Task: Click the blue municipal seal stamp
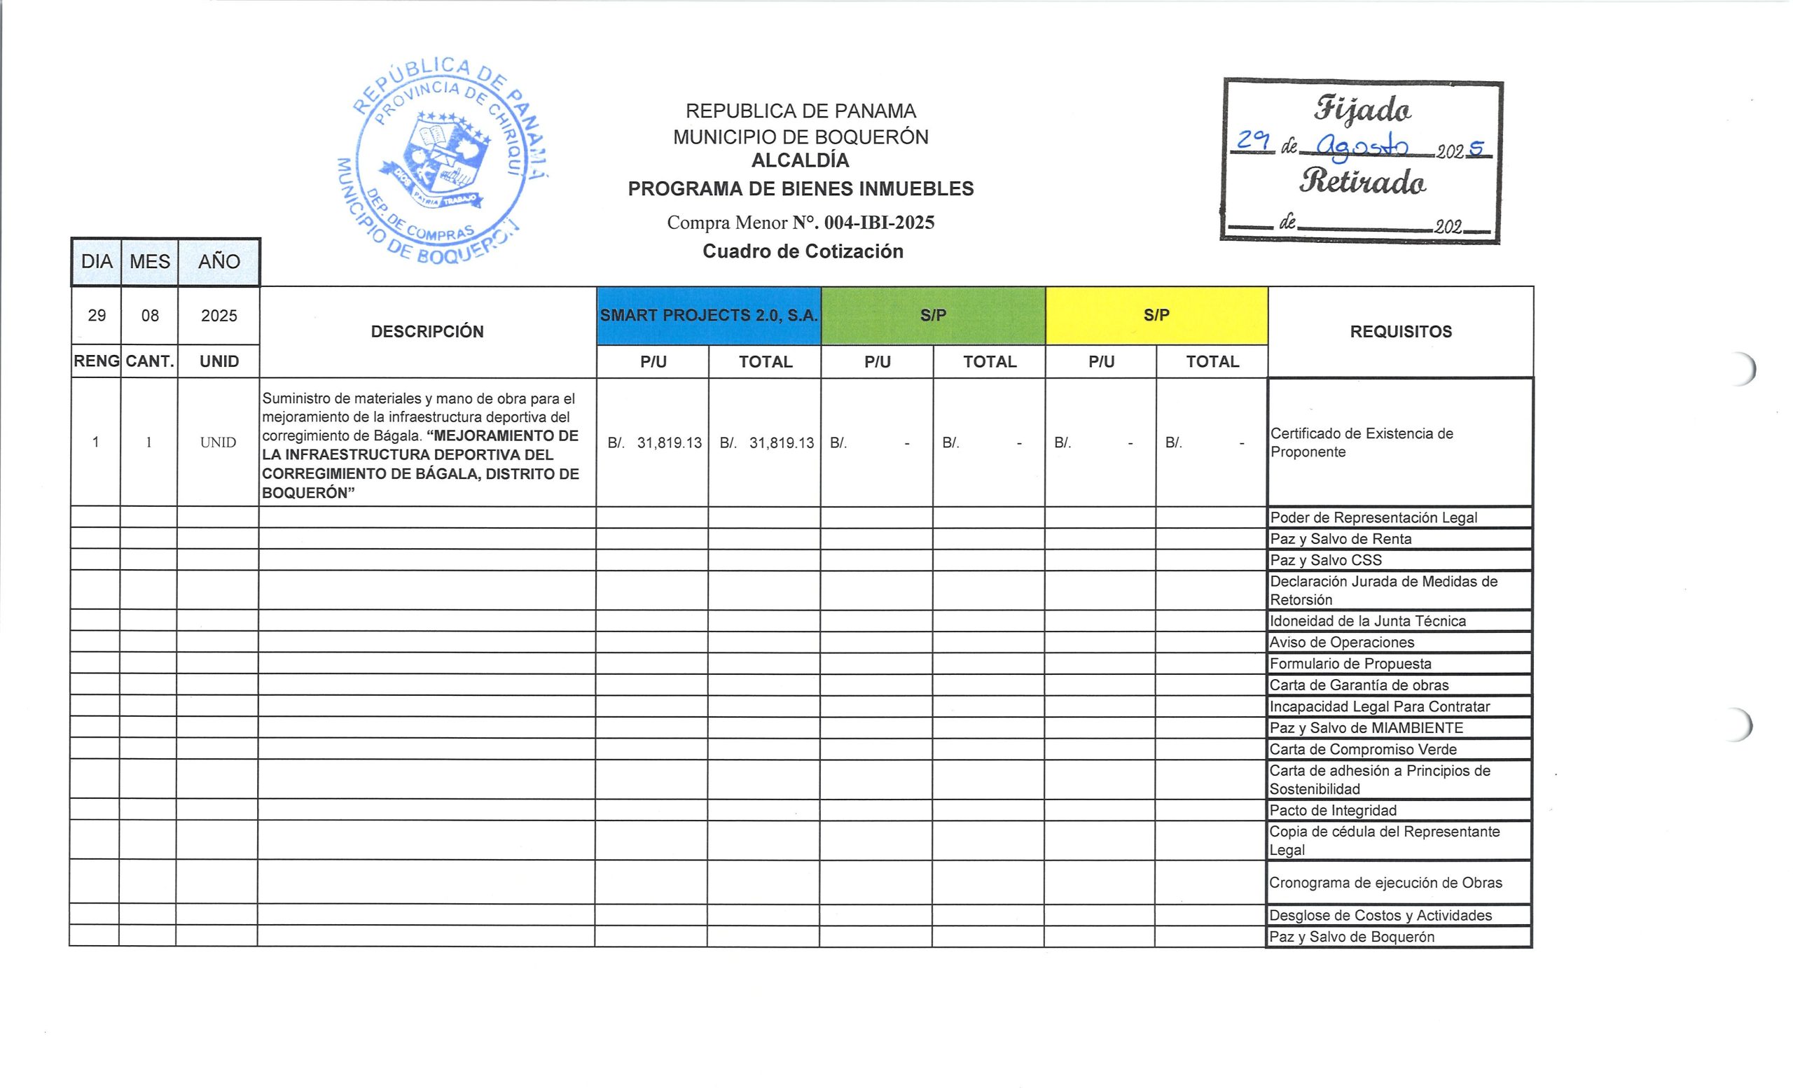(x=443, y=162)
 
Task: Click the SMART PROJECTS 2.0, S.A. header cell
(x=709, y=316)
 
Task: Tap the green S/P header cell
(x=933, y=316)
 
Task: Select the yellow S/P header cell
(x=1156, y=316)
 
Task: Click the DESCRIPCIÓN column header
(x=427, y=332)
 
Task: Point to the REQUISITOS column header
(x=1401, y=332)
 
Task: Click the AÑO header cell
(x=219, y=262)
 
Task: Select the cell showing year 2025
(x=219, y=316)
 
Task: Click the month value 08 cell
(x=150, y=316)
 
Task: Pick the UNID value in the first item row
(x=219, y=442)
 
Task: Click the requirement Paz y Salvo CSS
(x=1326, y=560)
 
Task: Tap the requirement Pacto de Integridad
(x=1333, y=810)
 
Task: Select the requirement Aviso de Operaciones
(x=1342, y=642)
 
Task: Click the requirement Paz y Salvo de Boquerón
(x=1352, y=937)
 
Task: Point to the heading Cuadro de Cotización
(x=803, y=251)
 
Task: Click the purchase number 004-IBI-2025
(x=879, y=223)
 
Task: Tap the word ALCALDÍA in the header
(x=801, y=161)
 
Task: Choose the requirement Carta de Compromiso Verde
(x=1363, y=749)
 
